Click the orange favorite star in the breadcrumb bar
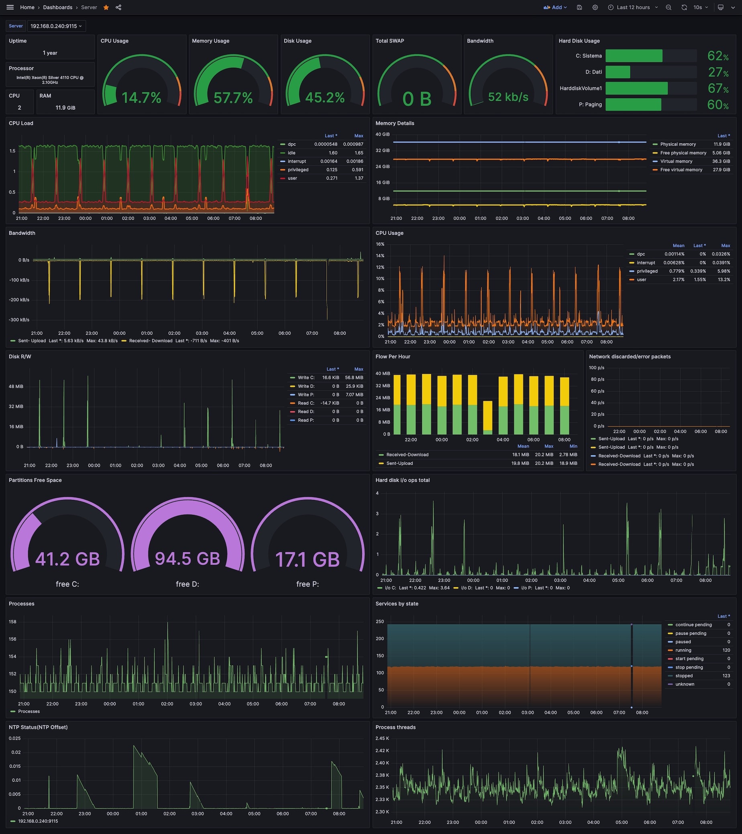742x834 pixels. [106, 7]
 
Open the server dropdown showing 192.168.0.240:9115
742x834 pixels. [56, 26]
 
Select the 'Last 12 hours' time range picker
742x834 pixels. [633, 7]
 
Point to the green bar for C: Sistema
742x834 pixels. [634, 56]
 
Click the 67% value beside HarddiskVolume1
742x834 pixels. [718, 89]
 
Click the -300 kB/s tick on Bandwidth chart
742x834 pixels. [19, 320]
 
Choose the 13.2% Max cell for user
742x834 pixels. [724, 279]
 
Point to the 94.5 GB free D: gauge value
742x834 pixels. [188, 559]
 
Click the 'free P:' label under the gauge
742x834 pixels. [307, 584]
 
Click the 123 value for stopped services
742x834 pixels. [726, 676]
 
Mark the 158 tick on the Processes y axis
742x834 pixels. [13, 622]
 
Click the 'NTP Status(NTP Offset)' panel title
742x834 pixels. [39, 727]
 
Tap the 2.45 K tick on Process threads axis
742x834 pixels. [382, 738]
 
